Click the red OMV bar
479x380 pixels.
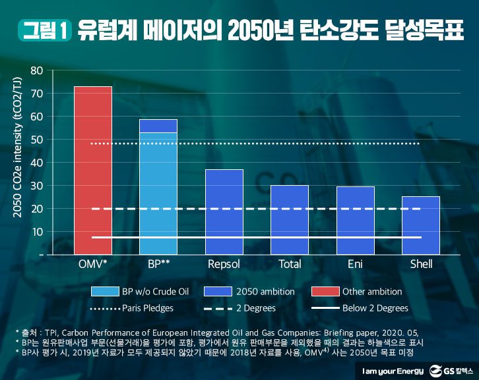[x=92, y=170]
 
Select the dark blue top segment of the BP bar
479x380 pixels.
[x=158, y=126]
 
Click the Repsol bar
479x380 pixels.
[x=224, y=211]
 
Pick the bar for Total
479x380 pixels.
[x=290, y=219]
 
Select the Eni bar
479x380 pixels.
[x=355, y=220]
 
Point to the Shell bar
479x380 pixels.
[x=420, y=225]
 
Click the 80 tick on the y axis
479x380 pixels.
[x=37, y=70]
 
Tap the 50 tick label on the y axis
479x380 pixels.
[x=37, y=140]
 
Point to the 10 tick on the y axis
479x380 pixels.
[x=37, y=232]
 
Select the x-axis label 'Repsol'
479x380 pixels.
[x=224, y=264]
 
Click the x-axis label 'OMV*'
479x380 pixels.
[x=92, y=264]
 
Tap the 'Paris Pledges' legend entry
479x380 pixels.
[x=136, y=308]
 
